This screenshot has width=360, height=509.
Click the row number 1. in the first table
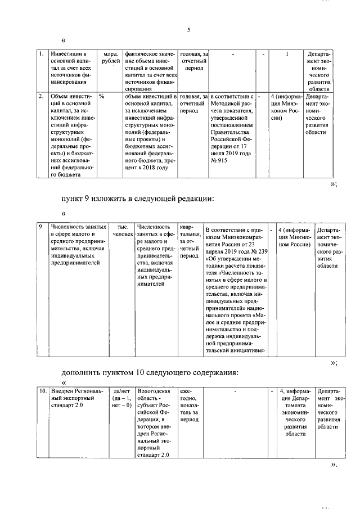pos(42,54)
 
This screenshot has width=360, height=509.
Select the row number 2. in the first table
pos(42,96)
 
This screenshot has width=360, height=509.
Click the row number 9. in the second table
pos(42,227)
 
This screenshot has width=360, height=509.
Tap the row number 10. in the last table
pos(43,390)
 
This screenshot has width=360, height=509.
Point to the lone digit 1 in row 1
pos(287,54)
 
